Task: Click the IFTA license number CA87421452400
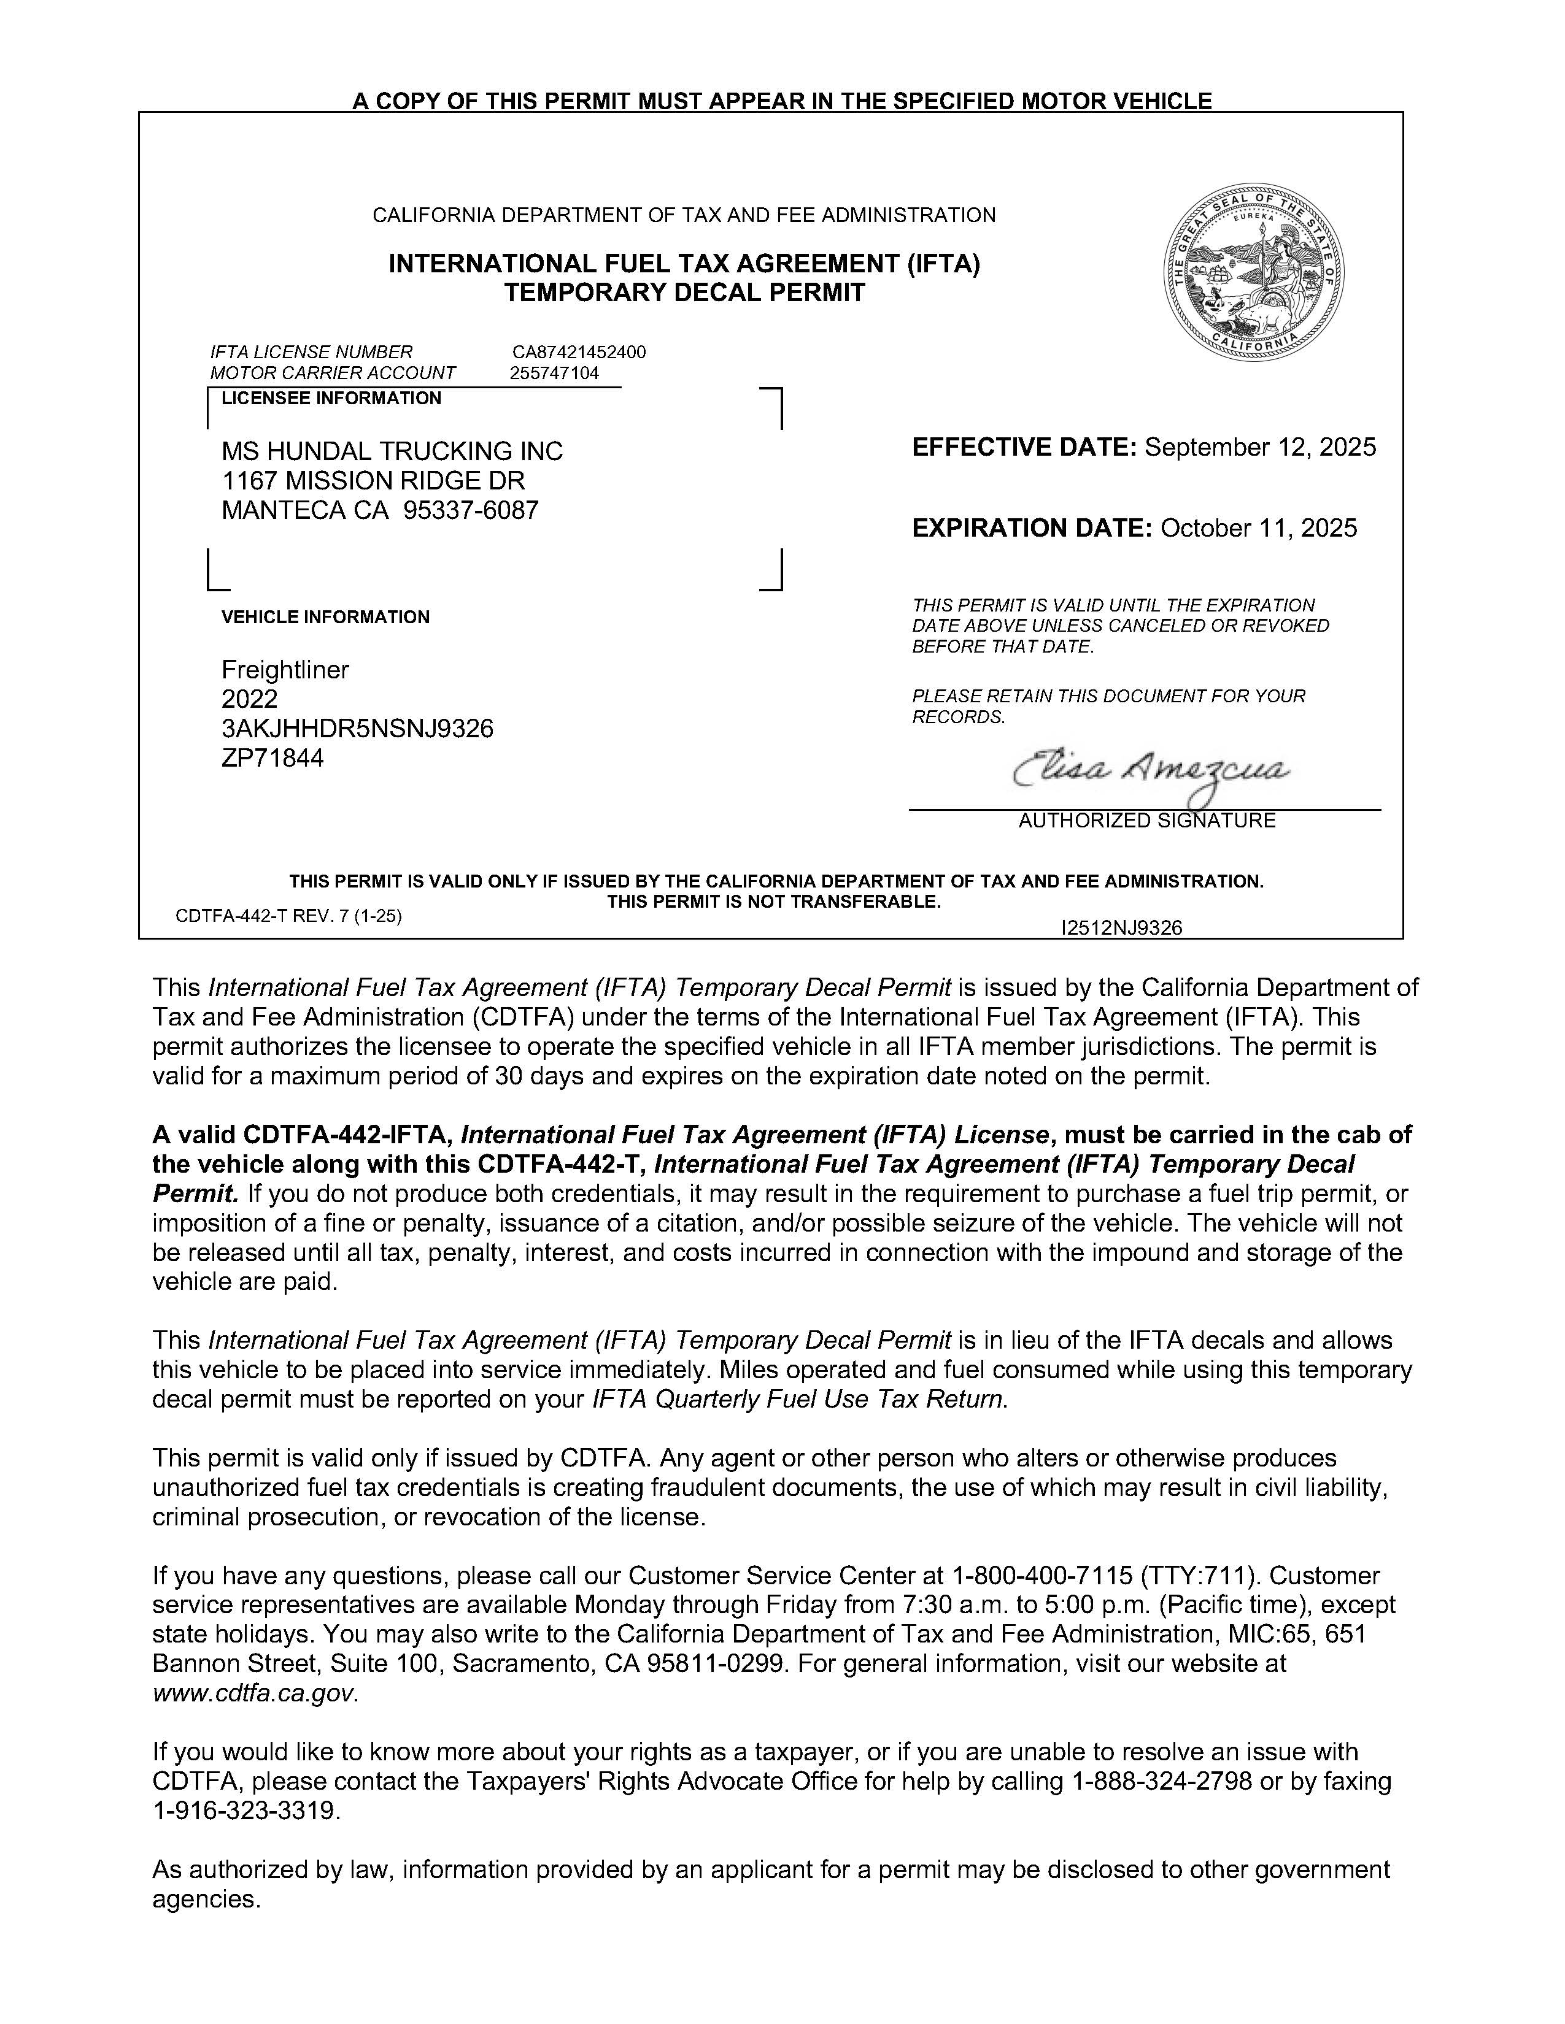(x=579, y=352)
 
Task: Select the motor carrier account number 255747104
(x=554, y=374)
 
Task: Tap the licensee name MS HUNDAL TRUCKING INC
(x=392, y=451)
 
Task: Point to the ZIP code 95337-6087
(x=470, y=511)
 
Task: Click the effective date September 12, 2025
(x=1260, y=448)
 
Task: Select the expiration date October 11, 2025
(x=1258, y=528)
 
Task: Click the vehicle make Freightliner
(x=285, y=670)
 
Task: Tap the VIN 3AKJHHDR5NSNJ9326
(x=357, y=729)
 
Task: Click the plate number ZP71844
(x=272, y=759)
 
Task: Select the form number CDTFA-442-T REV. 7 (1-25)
(x=288, y=916)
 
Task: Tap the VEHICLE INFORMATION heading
(x=325, y=617)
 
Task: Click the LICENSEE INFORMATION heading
(x=331, y=399)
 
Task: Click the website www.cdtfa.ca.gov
(x=252, y=1693)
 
